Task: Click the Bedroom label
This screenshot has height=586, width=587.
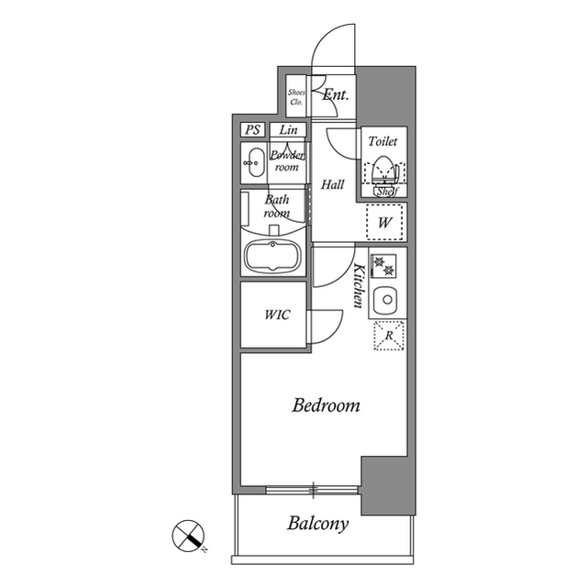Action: pos(326,404)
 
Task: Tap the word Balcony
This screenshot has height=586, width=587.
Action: pos(318,525)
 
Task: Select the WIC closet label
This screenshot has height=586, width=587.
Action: pos(278,315)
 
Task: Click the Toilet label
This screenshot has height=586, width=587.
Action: pos(382,142)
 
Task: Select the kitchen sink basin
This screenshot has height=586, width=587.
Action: pos(387,300)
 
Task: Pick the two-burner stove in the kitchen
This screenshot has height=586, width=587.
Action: pos(386,265)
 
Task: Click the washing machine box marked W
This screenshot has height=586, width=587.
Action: pos(385,222)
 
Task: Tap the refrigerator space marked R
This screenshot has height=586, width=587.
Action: pos(389,337)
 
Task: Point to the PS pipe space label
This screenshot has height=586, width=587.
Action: pos(252,130)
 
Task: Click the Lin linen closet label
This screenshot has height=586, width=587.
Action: pos(288,130)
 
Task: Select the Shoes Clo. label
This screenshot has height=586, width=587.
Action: pos(296,96)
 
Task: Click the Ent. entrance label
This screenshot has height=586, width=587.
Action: pos(335,94)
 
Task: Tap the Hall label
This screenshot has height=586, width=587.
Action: pos(333,184)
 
